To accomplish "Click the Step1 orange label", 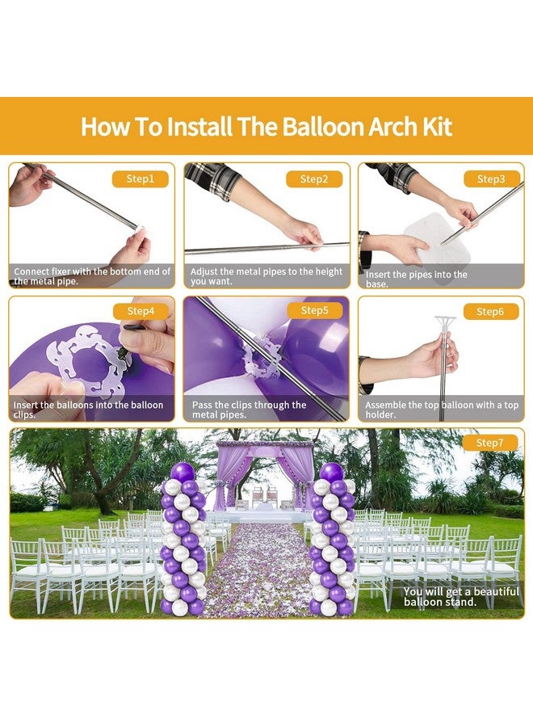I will (x=140, y=179).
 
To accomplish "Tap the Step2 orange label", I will (x=314, y=179).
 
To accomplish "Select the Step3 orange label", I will (x=490, y=179).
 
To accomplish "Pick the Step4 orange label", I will (x=140, y=311).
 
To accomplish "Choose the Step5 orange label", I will (x=314, y=311).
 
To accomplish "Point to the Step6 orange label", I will (x=490, y=311).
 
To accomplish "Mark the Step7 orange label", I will (x=489, y=443).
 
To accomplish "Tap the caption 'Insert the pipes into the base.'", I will (x=416, y=279).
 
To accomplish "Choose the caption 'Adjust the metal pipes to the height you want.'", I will (x=266, y=276).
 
